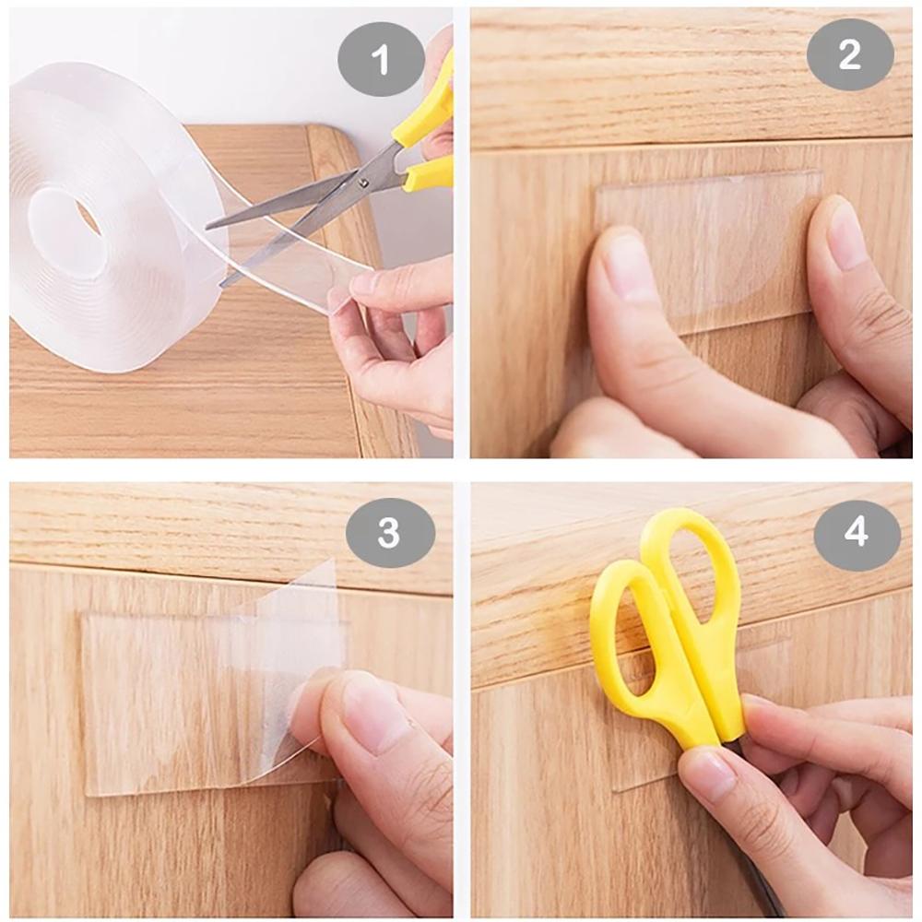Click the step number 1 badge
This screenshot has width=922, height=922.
tap(381, 62)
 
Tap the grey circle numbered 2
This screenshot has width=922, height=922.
tap(850, 54)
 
